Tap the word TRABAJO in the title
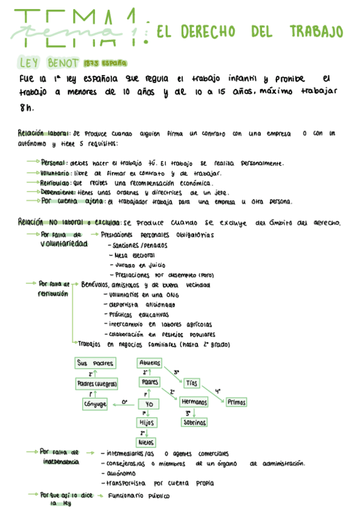pos(316,31)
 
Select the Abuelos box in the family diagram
pos(150,363)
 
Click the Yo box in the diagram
pos(148,404)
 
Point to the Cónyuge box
pos(95,404)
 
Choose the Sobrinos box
pos(194,422)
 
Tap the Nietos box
pos(146,442)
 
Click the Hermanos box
pos(194,402)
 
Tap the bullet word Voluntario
pos(56,173)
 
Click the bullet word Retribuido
pos(56,183)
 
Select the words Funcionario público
pos(138,496)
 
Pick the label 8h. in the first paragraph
pos(26,108)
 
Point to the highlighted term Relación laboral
pos(44,134)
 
